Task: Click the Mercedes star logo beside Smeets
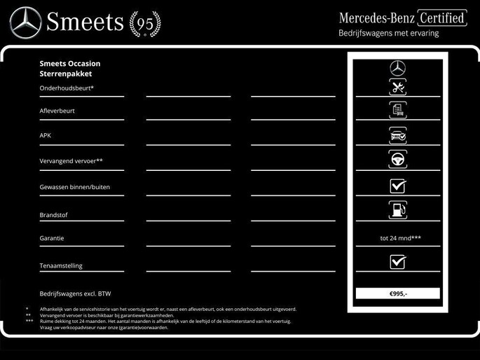(x=25, y=22)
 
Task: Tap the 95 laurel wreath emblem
(x=145, y=24)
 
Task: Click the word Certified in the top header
(x=442, y=18)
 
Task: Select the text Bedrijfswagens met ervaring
(x=388, y=33)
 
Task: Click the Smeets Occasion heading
(x=70, y=64)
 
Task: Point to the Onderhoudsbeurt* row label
(x=67, y=88)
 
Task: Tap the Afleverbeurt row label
(x=57, y=111)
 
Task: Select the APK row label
(x=46, y=135)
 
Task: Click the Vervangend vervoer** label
(x=71, y=161)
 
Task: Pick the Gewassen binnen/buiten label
(x=74, y=187)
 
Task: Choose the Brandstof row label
(x=53, y=215)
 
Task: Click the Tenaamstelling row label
(x=60, y=265)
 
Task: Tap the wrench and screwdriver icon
(x=398, y=88)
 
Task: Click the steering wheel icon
(x=398, y=159)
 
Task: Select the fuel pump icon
(x=398, y=209)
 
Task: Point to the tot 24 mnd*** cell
(x=400, y=238)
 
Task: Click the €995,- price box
(x=398, y=293)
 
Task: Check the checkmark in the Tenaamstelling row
(x=398, y=262)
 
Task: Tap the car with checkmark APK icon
(x=398, y=135)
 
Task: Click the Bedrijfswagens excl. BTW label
(x=75, y=293)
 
